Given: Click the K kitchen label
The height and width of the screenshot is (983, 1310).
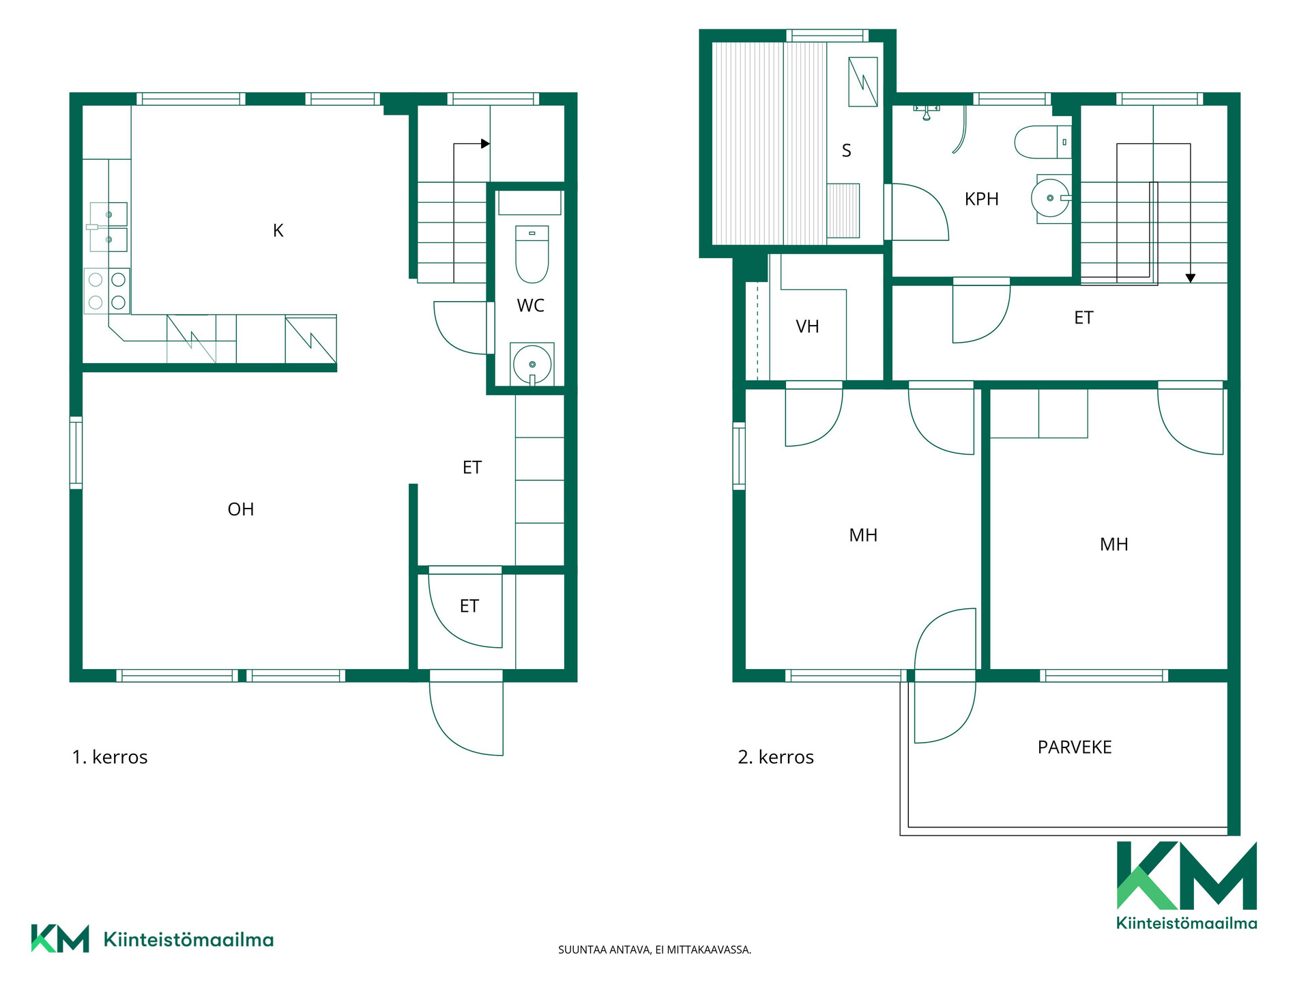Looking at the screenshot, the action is (278, 231).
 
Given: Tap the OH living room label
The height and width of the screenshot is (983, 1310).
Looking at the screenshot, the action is (241, 509).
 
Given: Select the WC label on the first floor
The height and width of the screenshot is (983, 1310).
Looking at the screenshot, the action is (531, 306).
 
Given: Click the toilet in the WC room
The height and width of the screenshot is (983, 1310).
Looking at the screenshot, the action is (532, 254).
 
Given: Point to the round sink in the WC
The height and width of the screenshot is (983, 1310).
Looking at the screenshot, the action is (532, 365).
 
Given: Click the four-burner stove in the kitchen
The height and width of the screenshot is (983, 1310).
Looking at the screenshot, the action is (107, 291).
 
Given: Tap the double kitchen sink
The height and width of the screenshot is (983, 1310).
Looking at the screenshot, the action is (107, 227).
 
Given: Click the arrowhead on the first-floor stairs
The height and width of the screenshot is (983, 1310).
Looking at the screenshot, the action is (485, 143).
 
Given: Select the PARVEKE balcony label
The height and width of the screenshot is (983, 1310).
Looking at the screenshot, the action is (1075, 747).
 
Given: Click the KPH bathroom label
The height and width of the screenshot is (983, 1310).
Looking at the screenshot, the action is (982, 199).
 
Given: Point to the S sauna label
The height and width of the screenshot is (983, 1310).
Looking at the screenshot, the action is (847, 151).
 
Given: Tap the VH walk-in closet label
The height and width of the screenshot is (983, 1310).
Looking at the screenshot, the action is (807, 327).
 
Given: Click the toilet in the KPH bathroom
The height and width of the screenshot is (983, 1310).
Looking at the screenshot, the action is (1043, 142).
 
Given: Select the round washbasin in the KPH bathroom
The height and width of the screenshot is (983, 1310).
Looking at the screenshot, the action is (1051, 198).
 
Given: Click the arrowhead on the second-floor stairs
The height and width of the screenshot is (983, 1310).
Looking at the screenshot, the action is (1191, 278).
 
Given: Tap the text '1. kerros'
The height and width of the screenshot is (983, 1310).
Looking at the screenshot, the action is (110, 757).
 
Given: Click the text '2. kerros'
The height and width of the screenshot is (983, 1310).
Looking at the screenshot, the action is (776, 757).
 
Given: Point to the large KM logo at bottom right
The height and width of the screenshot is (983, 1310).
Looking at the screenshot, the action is (1187, 885).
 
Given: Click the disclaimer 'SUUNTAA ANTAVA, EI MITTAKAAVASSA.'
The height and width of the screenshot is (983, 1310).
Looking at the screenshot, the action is (654, 950).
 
